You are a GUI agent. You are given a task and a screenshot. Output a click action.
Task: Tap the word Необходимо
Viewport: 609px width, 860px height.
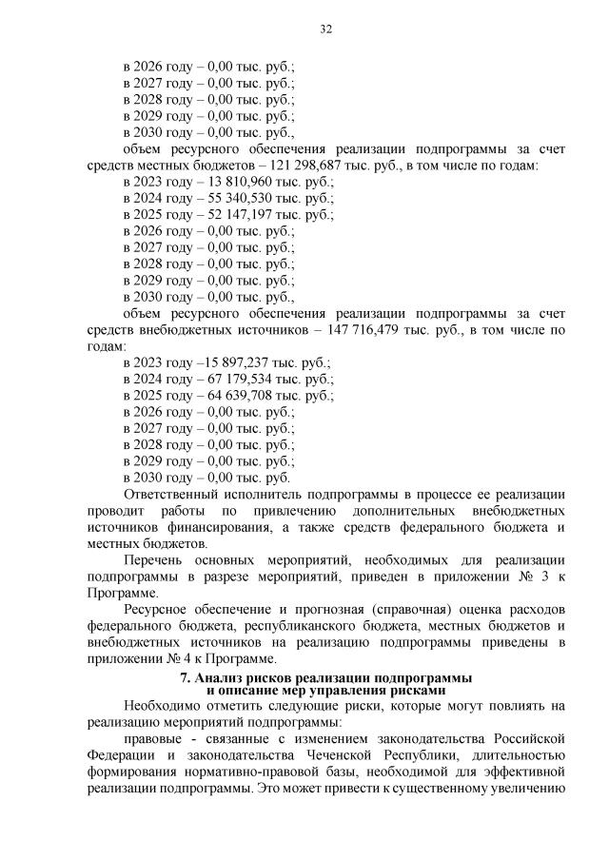163,705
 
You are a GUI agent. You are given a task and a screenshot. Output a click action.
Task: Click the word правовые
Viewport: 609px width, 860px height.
155,738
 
